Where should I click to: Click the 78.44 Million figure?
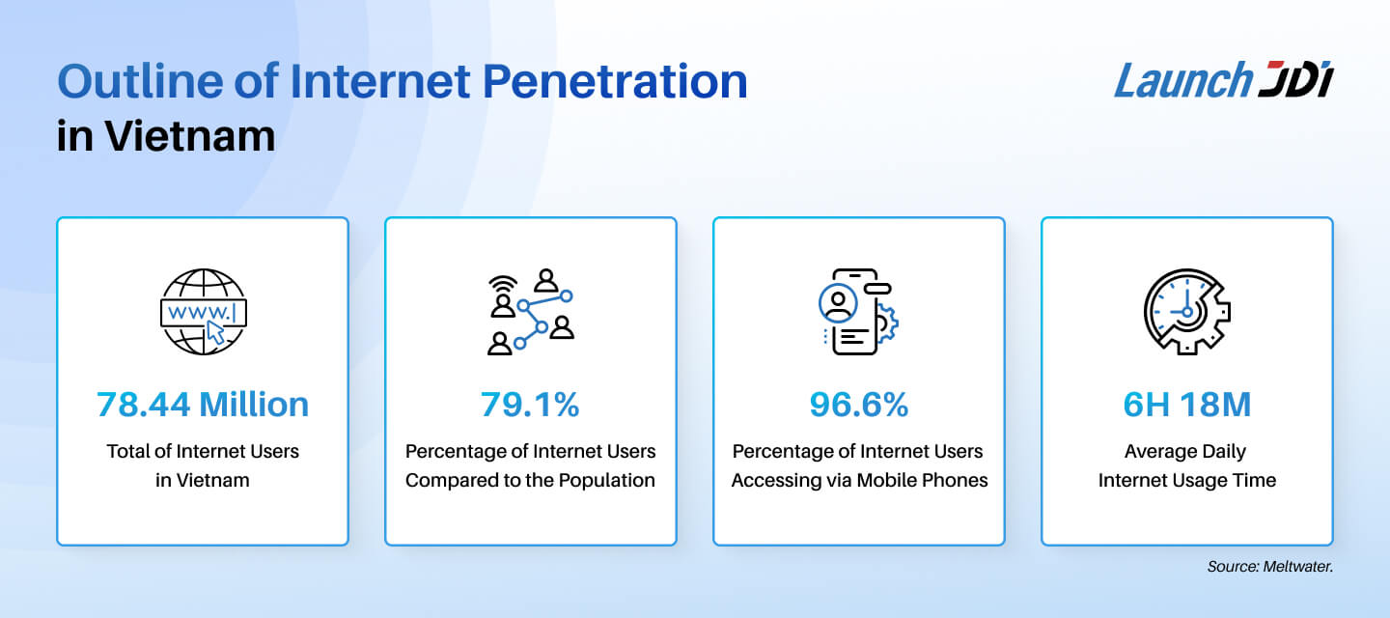coord(203,405)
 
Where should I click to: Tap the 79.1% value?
coord(530,405)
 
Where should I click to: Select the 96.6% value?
coord(859,405)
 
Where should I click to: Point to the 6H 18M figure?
coord(1186,405)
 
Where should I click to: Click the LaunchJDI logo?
coord(1223,80)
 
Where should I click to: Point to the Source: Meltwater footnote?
coord(1269,567)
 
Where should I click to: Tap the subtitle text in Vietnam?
coord(166,136)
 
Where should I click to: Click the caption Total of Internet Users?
coord(203,451)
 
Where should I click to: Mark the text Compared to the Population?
coord(530,480)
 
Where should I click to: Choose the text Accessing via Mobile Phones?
coord(859,480)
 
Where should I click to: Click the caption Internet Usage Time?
coord(1186,480)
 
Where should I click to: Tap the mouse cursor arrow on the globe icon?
coord(216,333)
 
